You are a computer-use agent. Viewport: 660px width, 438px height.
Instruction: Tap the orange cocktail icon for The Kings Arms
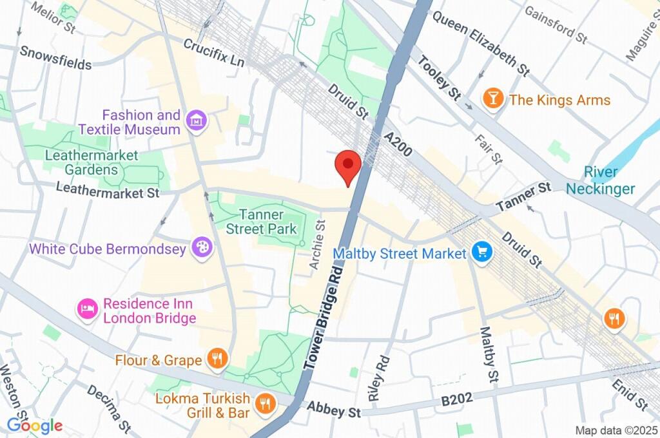(x=493, y=99)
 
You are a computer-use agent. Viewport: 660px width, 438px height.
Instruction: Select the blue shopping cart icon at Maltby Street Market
(x=481, y=252)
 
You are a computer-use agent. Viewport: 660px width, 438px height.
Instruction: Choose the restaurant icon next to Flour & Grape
(x=217, y=359)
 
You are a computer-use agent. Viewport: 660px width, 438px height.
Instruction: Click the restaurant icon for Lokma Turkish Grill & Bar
(x=264, y=404)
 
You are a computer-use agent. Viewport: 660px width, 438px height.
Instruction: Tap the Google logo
(x=34, y=425)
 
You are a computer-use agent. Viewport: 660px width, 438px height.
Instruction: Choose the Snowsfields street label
(x=55, y=58)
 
